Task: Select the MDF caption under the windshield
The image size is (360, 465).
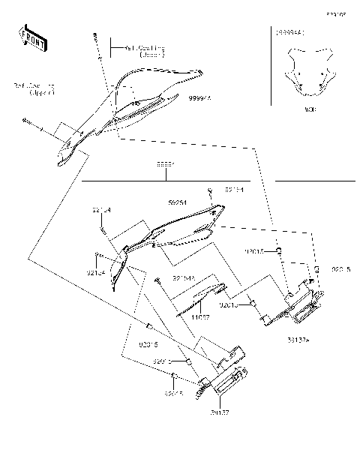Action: click(x=309, y=109)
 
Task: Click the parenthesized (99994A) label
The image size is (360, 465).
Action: click(x=289, y=33)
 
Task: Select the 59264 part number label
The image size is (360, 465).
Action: click(x=178, y=202)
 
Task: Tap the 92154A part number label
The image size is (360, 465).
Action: click(x=184, y=278)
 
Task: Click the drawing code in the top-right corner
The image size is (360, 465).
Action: click(x=334, y=14)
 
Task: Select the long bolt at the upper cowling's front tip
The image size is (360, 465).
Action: click(x=28, y=121)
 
